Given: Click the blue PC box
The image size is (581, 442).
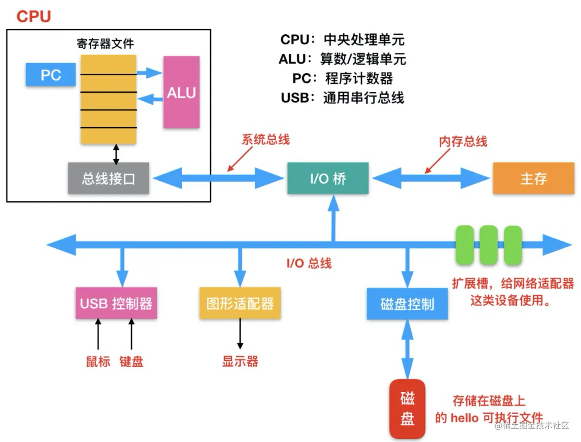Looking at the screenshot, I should click(51, 75).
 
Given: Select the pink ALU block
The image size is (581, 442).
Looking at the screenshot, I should click(181, 92).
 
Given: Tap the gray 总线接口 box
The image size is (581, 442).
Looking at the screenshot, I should click(109, 178).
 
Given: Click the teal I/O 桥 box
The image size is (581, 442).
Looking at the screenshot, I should click(328, 178).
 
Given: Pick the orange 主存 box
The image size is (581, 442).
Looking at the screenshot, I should click(533, 178).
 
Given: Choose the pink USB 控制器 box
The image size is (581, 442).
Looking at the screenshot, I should click(116, 303).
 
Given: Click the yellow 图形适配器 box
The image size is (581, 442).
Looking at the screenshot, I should click(240, 303).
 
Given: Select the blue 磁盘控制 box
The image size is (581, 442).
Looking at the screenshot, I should click(407, 304).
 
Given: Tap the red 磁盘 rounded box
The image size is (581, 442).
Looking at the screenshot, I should click(407, 409).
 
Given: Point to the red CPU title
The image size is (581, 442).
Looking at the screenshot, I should click(33, 17).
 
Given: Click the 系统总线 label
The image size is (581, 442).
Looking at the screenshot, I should click(265, 140).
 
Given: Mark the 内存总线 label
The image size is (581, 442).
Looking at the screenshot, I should click(463, 141).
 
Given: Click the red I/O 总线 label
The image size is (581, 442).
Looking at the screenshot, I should click(309, 263).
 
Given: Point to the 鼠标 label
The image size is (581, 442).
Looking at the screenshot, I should click(98, 361).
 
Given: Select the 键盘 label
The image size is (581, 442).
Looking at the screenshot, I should click(131, 361).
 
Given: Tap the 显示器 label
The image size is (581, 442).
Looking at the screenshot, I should click(240, 361).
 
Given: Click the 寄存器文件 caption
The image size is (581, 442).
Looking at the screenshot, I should click(105, 44).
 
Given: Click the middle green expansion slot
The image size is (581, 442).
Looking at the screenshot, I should click(489, 245).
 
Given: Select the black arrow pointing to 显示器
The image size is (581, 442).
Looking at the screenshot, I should click(240, 333).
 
